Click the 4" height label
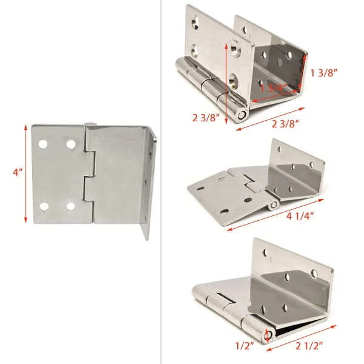point(16,172)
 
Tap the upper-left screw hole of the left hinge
point(44,144)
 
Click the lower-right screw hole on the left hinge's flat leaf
point(70,206)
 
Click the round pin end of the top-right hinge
point(241,113)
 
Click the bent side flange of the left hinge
point(150,182)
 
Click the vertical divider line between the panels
point(160,182)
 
